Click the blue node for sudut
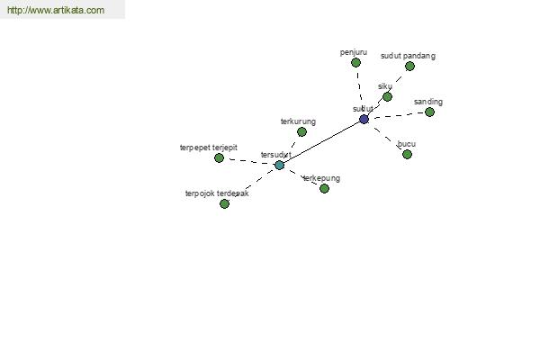(x=364, y=119)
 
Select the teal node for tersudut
(x=279, y=165)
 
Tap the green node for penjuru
(x=355, y=62)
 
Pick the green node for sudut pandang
(x=409, y=66)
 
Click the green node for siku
(x=387, y=96)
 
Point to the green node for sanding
(x=429, y=112)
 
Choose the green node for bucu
(x=407, y=154)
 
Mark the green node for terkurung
(x=301, y=131)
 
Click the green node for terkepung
(x=324, y=188)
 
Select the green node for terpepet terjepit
(x=219, y=157)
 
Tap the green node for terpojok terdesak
(x=224, y=203)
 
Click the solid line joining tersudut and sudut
(x=321, y=142)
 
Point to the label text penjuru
(x=354, y=52)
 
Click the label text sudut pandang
(x=408, y=56)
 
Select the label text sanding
(x=428, y=102)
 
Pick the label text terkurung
(x=298, y=121)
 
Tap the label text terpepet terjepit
(x=209, y=148)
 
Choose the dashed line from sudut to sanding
(x=397, y=115)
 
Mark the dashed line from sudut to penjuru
(x=359, y=90)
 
